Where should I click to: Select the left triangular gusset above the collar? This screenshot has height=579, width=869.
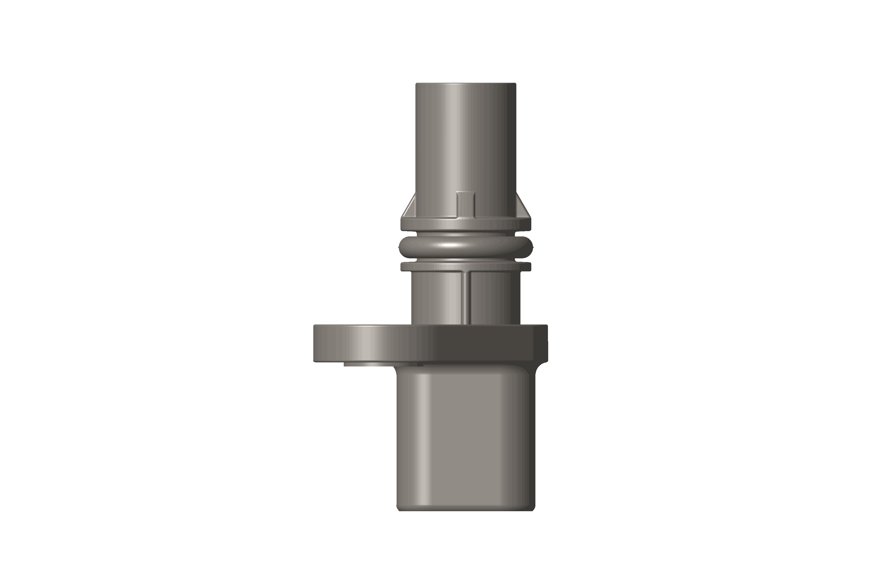click(x=409, y=210)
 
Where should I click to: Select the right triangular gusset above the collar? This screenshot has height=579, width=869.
click(x=522, y=210)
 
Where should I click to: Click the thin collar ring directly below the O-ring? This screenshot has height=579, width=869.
click(x=466, y=267)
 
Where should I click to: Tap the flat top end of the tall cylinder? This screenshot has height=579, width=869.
click(x=466, y=84)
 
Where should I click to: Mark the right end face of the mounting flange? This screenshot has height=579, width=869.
click(x=546, y=343)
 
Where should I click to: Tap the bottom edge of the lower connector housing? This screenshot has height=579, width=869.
click(x=466, y=511)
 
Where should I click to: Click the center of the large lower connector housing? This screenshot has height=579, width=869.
click(x=466, y=439)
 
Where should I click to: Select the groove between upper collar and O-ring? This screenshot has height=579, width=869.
click(x=466, y=234)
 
